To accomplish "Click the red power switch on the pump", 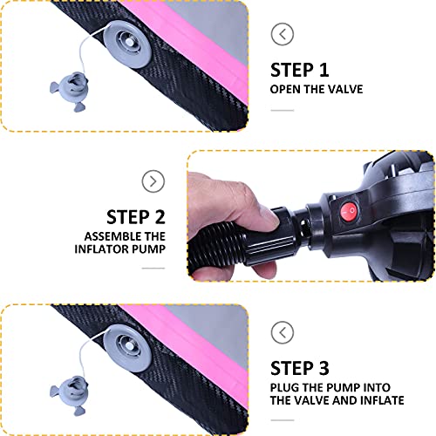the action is point(350,212).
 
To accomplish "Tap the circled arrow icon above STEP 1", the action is point(283,34).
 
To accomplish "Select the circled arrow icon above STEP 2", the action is point(153,181).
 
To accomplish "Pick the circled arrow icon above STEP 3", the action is point(283,332).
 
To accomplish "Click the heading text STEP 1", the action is point(300,70).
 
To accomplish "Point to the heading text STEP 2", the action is point(136,217).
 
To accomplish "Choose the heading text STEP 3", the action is point(300,368).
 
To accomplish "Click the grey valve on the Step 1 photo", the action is point(127,44).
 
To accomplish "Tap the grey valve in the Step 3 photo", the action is point(127,348).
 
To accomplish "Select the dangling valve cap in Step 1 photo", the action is point(70,91).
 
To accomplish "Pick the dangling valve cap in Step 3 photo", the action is point(70,395).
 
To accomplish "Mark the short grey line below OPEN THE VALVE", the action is point(283,111).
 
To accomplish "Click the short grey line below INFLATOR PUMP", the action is point(153,269).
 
